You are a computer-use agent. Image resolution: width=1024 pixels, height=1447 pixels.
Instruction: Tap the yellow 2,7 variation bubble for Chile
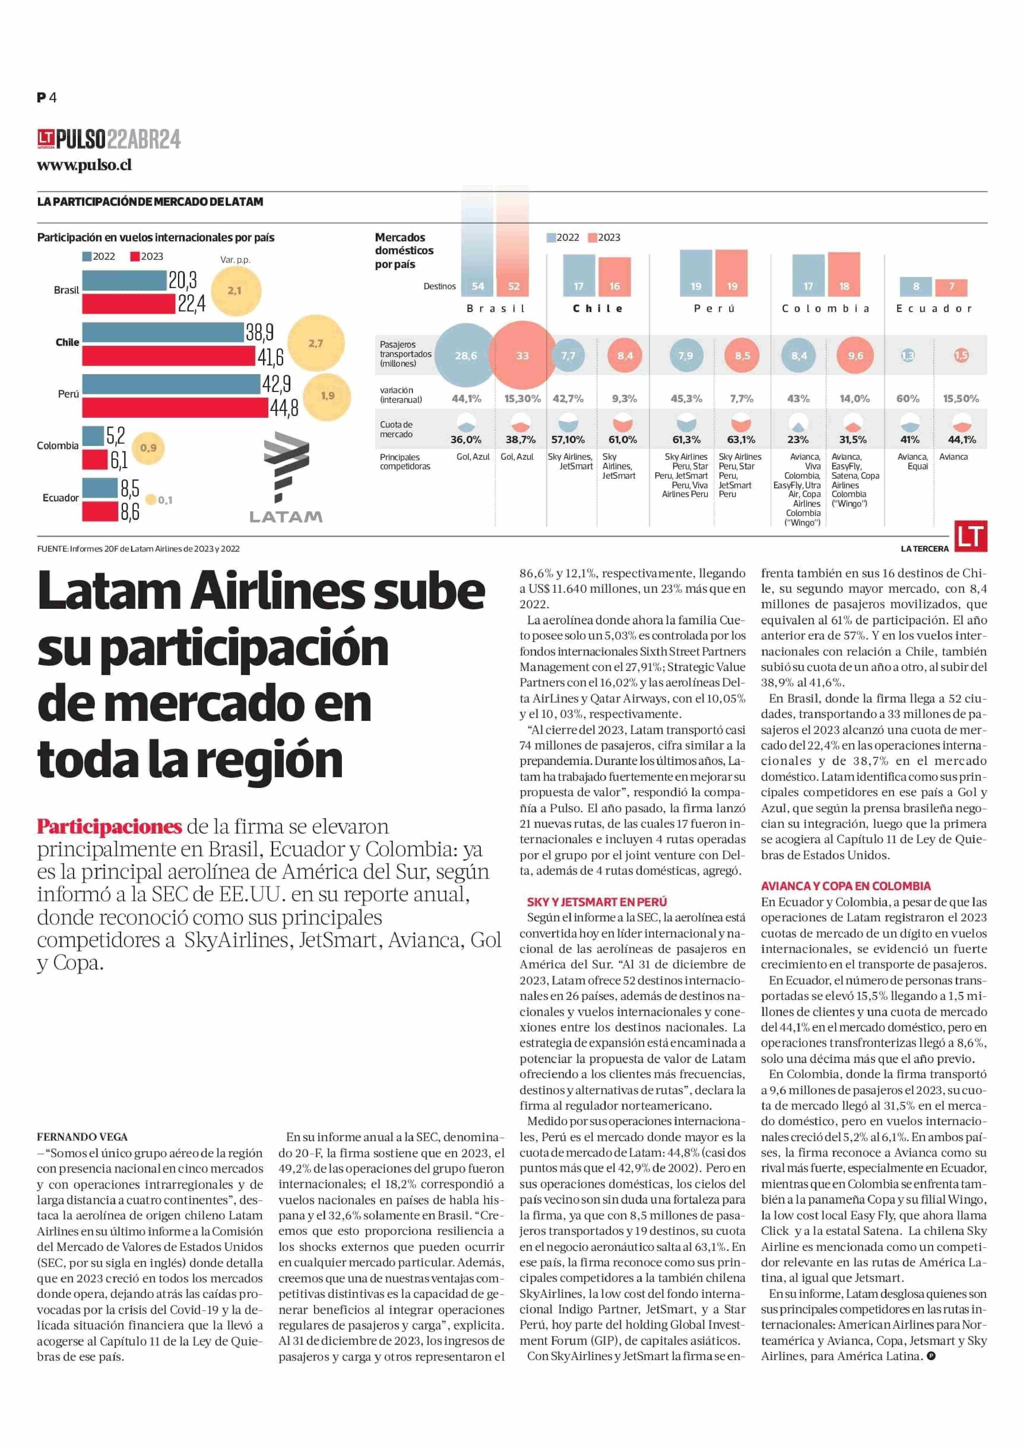click(316, 344)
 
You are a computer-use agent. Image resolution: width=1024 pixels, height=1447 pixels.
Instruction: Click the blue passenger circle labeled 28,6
click(466, 355)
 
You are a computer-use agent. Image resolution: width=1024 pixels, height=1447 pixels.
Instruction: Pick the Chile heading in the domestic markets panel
click(598, 308)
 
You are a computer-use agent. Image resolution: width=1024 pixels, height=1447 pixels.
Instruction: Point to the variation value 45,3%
click(686, 398)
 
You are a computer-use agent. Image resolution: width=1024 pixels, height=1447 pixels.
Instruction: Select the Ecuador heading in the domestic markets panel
click(934, 308)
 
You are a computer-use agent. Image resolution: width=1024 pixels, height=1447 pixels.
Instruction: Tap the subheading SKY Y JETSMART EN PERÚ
click(596, 902)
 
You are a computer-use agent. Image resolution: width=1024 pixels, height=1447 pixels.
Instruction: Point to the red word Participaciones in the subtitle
click(109, 827)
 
